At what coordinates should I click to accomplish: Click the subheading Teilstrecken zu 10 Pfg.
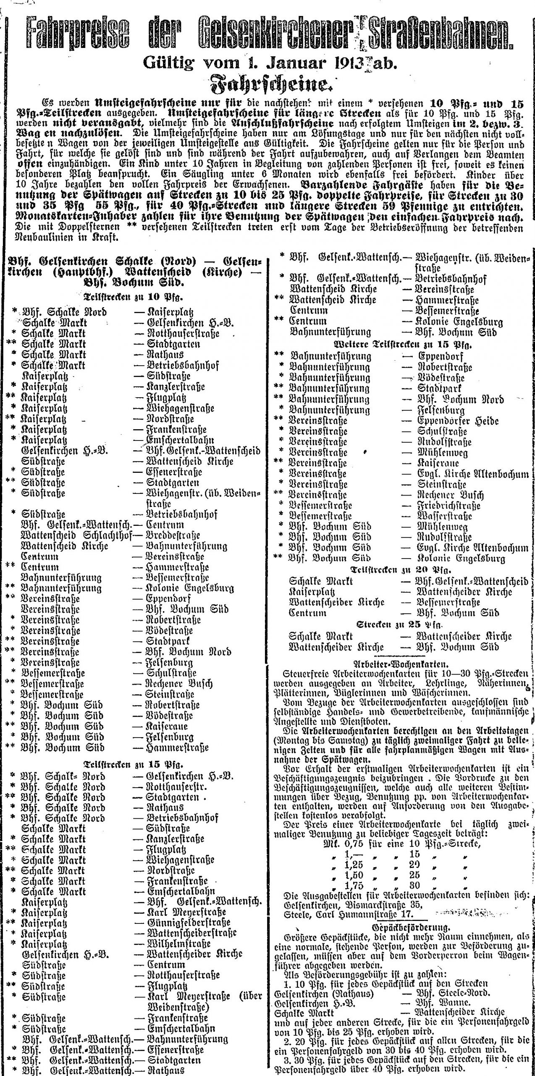pyautogui.click(x=134, y=298)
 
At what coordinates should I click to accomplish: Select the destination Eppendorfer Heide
pyautogui.click(x=458, y=420)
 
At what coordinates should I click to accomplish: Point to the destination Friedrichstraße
pyautogui.click(x=448, y=506)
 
